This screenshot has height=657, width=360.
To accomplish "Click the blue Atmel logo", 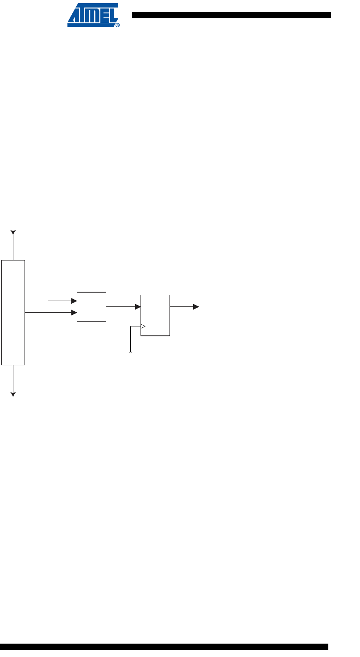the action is coord(93,15).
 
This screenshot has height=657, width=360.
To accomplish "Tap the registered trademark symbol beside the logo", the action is coord(117,25).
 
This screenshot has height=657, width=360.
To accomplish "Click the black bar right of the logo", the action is coord(231,15).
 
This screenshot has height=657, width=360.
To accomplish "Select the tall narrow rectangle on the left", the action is coord(13,312).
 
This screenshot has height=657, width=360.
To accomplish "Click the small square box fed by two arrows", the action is coord(91,306).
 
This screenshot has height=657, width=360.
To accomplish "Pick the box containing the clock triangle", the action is coord(155,315).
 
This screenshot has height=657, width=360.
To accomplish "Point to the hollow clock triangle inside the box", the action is coord(143,326).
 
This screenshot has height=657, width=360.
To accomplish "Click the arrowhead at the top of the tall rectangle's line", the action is coord(13,232).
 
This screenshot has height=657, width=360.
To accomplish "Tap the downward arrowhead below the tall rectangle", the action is coord(13,394).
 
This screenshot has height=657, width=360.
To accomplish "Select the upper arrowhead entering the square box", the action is coord(74,301).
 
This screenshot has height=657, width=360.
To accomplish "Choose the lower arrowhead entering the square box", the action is coord(74,313).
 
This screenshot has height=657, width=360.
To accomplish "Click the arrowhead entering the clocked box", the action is coord(138,307).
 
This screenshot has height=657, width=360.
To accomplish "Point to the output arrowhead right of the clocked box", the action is coord(196,307).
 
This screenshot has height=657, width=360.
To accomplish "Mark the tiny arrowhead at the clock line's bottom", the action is coord(131,352).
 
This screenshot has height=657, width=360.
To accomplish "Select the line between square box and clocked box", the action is coord(120,307).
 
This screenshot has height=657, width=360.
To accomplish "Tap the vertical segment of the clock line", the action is coord(131,339).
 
